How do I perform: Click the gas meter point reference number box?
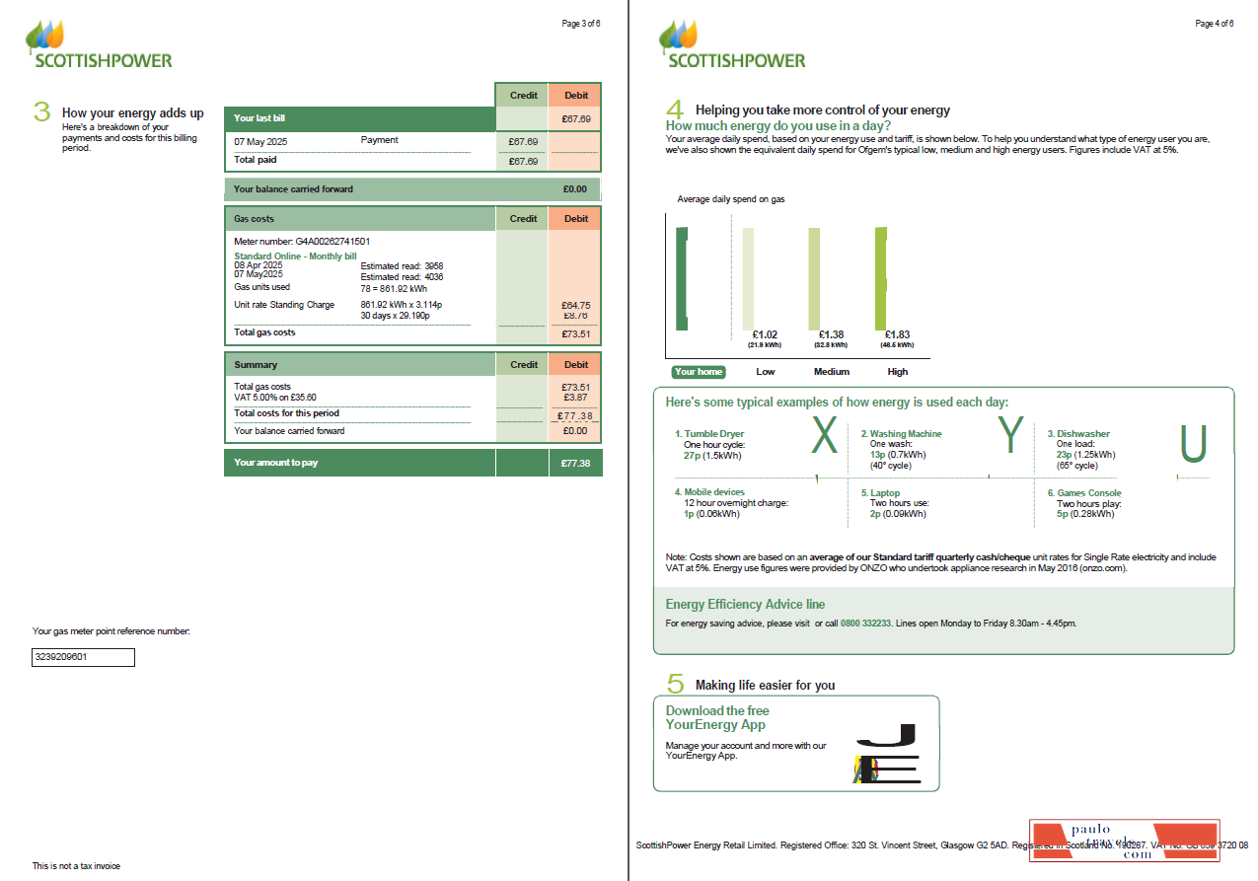coord(83,657)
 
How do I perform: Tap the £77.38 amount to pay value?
coord(575,463)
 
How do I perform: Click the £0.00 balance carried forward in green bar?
coord(574,188)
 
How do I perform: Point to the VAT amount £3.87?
coord(575,397)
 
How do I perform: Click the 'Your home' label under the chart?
coord(698,372)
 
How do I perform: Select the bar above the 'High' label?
coord(880,278)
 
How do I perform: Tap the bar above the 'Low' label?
coord(748,278)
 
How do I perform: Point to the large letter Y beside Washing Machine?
coord(1010,436)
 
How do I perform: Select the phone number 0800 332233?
coord(865,624)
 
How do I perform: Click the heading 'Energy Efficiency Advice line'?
coord(745,604)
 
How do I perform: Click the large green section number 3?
coord(41,111)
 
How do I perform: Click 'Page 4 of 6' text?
coord(1214,24)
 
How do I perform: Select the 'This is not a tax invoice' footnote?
coord(76,866)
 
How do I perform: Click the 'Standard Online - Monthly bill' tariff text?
coord(295,257)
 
